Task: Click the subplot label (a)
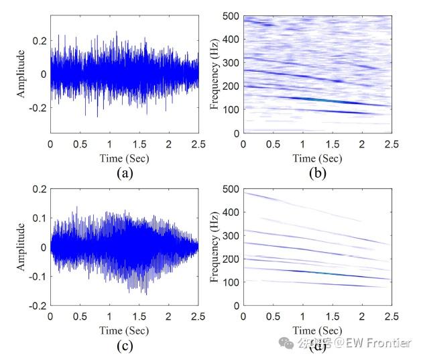[124, 173]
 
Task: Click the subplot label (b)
[317, 173]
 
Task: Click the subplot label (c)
[124, 345]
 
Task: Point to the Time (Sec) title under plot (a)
[125, 158]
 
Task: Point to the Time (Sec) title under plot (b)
[318, 158]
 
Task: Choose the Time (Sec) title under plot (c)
[125, 331]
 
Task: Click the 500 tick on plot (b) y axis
[232, 17]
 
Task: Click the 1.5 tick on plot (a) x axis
[139, 144]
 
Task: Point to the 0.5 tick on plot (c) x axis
[80, 316]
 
